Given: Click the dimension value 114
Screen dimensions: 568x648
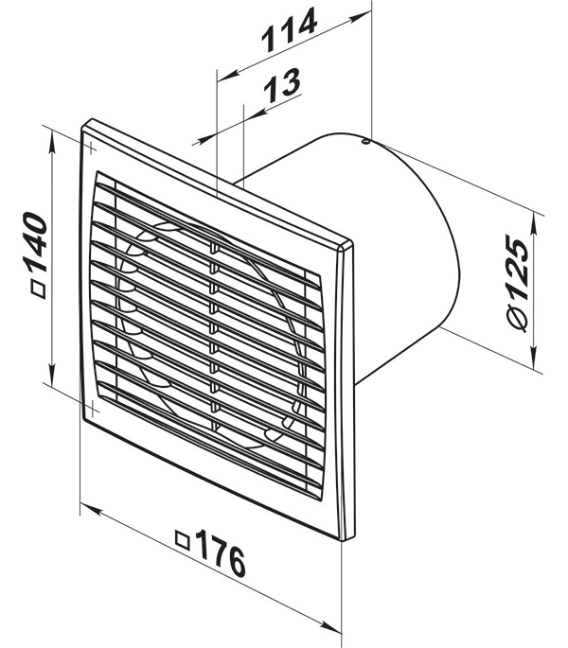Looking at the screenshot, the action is coord(289,29).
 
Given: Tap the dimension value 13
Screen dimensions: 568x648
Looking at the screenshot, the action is coord(282,85).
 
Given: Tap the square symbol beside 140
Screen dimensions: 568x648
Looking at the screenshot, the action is coord(39,290).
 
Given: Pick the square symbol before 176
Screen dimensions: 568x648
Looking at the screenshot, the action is coord(183,540).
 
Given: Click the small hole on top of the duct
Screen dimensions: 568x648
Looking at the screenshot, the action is coord(365,142).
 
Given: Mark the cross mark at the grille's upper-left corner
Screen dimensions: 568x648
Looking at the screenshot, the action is coord(91,147).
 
